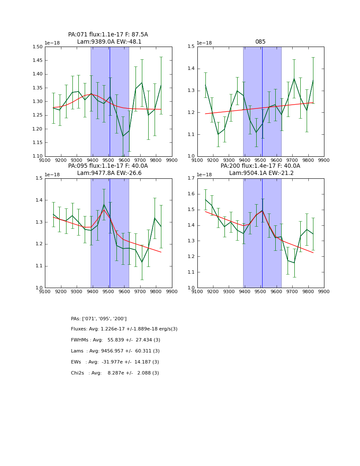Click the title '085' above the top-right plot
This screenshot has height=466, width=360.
pyautogui.click(x=260, y=42)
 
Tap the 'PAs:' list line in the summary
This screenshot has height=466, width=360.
pyautogui.click(x=99, y=319)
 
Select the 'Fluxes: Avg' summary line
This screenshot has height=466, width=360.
pyautogui.click(x=124, y=329)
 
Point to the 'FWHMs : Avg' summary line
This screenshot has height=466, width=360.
pyautogui.click(x=115, y=340)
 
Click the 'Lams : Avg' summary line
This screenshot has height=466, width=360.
pyautogui.click(x=115, y=351)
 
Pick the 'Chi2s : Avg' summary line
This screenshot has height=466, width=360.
pyautogui.click(x=115, y=373)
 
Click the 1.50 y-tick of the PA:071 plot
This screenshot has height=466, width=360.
pyautogui.click(x=37, y=47)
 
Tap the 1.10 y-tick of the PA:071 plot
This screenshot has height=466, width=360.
pyautogui.click(x=37, y=156)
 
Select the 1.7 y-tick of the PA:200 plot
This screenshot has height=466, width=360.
pyautogui.click(x=191, y=178)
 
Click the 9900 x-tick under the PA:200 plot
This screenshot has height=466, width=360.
pyautogui.click(x=324, y=292)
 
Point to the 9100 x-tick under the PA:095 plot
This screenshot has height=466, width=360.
pyautogui.click(x=45, y=292)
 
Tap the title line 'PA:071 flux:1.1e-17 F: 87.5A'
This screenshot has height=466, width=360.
pyautogui.click(x=108, y=35)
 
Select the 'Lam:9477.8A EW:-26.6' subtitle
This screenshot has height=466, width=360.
pyautogui.click(x=109, y=173)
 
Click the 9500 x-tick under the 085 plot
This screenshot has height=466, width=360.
pyautogui.click(x=260, y=161)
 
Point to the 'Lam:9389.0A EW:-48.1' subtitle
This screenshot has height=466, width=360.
pyautogui.click(x=109, y=42)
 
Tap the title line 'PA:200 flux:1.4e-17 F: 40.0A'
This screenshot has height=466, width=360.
pyautogui.click(x=260, y=166)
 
